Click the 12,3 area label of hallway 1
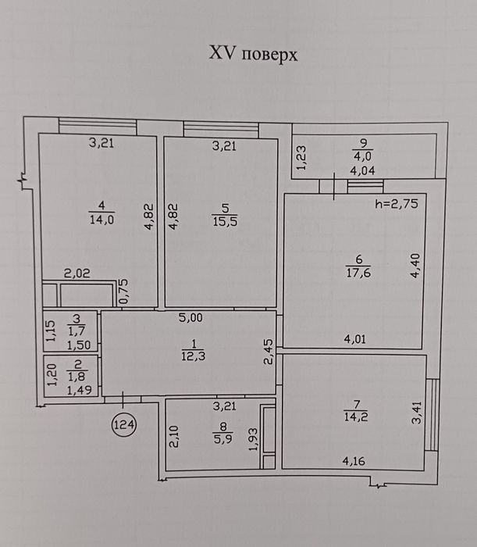click(187, 356)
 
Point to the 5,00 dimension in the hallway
click(190, 318)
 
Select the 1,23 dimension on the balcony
click(301, 157)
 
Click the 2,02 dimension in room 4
click(77, 273)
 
